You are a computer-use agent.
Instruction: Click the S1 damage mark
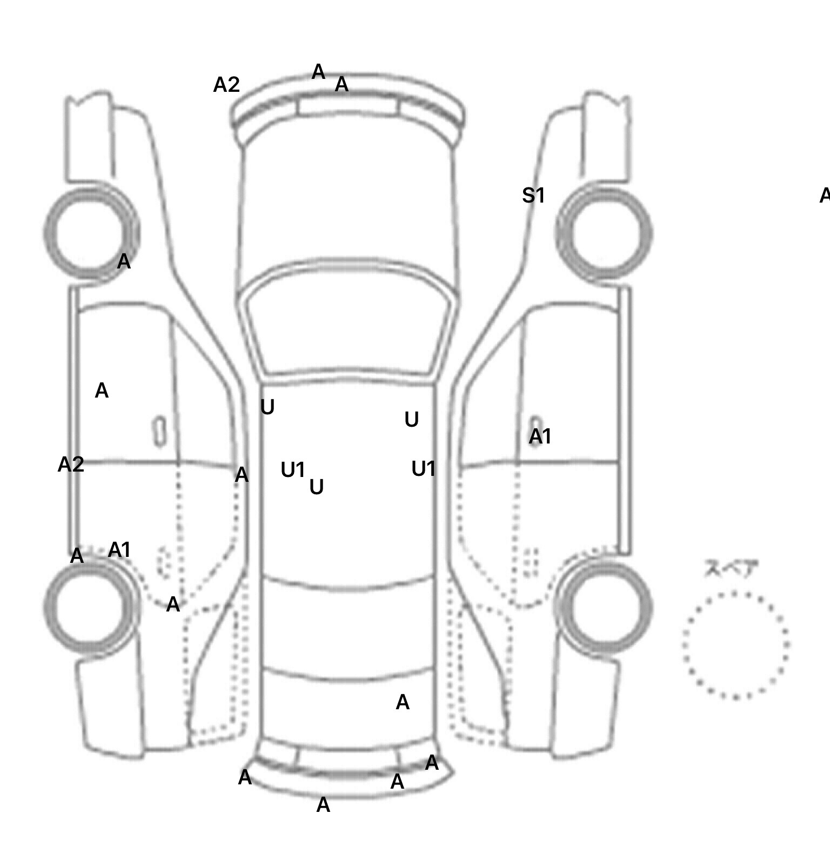533,196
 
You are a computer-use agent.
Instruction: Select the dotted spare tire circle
735,645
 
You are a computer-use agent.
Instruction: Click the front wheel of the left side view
91,233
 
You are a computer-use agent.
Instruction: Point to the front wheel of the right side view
604,233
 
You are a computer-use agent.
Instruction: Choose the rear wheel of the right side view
605,606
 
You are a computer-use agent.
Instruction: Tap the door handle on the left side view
159,431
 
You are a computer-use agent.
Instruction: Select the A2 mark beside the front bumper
226,85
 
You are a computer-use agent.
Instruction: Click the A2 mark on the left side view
71,465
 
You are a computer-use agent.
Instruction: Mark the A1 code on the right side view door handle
540,436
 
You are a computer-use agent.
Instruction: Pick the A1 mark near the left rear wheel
119,550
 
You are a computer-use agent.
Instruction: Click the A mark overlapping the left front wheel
124,262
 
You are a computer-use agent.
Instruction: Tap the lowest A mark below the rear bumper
323,805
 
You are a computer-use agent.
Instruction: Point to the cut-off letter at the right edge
825,196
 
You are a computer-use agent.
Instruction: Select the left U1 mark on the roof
293,470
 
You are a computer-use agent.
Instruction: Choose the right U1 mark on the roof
423,469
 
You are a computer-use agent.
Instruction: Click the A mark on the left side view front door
102,391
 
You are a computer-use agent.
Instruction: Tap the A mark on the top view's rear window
403,703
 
